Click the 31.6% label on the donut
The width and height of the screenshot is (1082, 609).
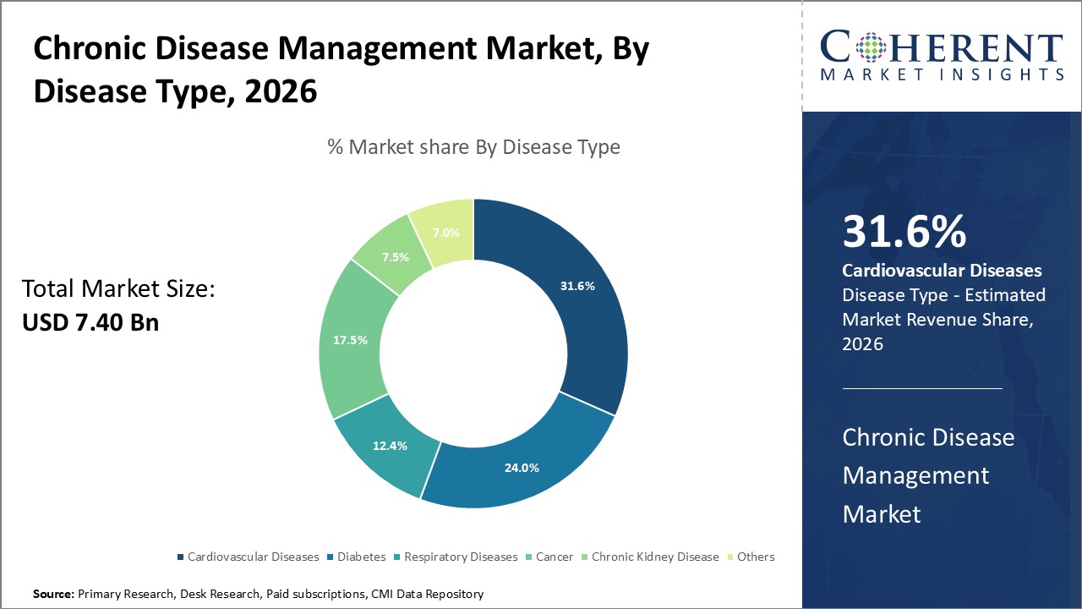[x=577, y=286]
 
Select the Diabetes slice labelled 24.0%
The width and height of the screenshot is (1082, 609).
[x=522, y=468]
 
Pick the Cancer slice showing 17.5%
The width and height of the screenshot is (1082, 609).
[x=350, y=340]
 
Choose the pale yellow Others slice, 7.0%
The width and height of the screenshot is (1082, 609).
[x=446, y=233]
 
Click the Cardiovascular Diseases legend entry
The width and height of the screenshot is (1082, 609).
[x=253, y=557]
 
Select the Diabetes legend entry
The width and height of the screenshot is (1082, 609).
[x=361, y=557]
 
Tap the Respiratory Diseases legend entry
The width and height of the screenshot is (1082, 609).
[x=460, y=557]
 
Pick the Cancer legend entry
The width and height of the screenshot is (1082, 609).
[x=554, y=557]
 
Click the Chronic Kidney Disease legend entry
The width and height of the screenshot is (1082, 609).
[x=654, y=557]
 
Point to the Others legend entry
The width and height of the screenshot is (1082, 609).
[x=755, y=557]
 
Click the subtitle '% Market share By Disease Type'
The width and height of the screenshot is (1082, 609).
[x=473, y=147]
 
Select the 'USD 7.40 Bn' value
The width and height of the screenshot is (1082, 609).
[x=90, y=322]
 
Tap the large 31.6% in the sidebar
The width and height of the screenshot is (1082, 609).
[x=904, y=233]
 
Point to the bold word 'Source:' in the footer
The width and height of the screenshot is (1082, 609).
[x=54, y=595]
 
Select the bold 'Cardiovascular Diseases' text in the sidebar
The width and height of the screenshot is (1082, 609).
[x=942, y=271]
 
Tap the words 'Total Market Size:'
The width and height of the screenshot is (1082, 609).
[x=119, y=289]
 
